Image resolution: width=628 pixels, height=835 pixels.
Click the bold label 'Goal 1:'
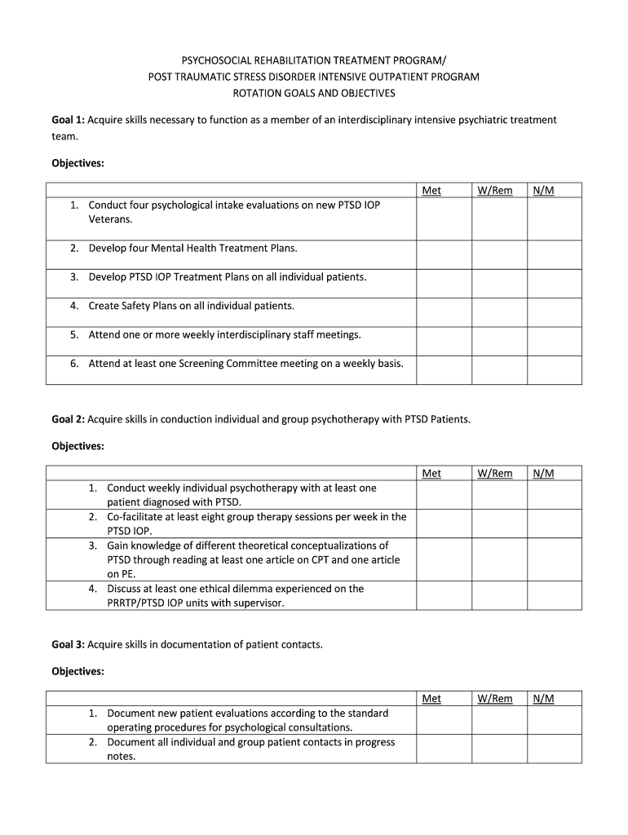point(69,120)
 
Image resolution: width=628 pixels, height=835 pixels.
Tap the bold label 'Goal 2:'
point(69,419)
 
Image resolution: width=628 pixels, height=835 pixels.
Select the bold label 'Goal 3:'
point(69,644)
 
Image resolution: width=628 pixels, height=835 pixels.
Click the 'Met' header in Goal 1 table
point(431,190)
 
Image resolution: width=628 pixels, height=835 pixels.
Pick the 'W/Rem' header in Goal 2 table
point(495,473)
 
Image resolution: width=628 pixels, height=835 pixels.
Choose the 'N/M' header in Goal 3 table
point(543,698)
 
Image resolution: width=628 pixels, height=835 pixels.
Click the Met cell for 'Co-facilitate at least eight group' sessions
point(444,524)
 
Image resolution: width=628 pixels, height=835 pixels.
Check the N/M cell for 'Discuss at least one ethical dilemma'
point(555,595)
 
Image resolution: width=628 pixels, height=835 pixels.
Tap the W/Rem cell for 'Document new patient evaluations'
point(499,720)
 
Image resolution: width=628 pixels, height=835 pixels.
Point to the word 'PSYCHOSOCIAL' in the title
point(218,60)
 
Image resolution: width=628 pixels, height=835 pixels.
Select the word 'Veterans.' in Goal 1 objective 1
point(110,219)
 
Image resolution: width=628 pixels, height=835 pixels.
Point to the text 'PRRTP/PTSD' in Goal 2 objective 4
point(136,603)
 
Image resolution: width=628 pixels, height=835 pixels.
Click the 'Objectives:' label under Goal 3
point(78,671)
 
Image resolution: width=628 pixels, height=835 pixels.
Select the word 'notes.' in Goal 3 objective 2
point(122,756)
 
